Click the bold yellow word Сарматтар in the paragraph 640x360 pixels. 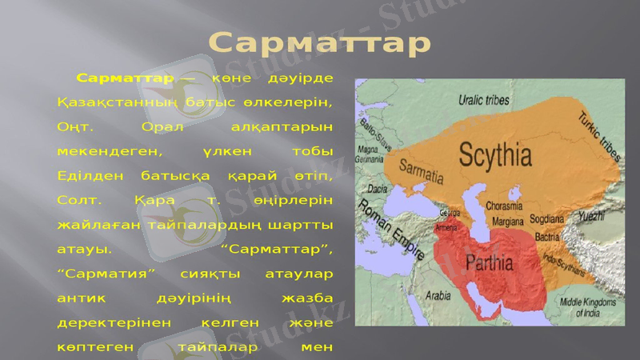(x=126, y=78)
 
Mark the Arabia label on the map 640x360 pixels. (x=438, y=295)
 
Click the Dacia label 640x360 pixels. (x=377, y=189)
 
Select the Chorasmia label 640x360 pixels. (x=503, y=206)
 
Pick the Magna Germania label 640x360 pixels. (x=369, y=154)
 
